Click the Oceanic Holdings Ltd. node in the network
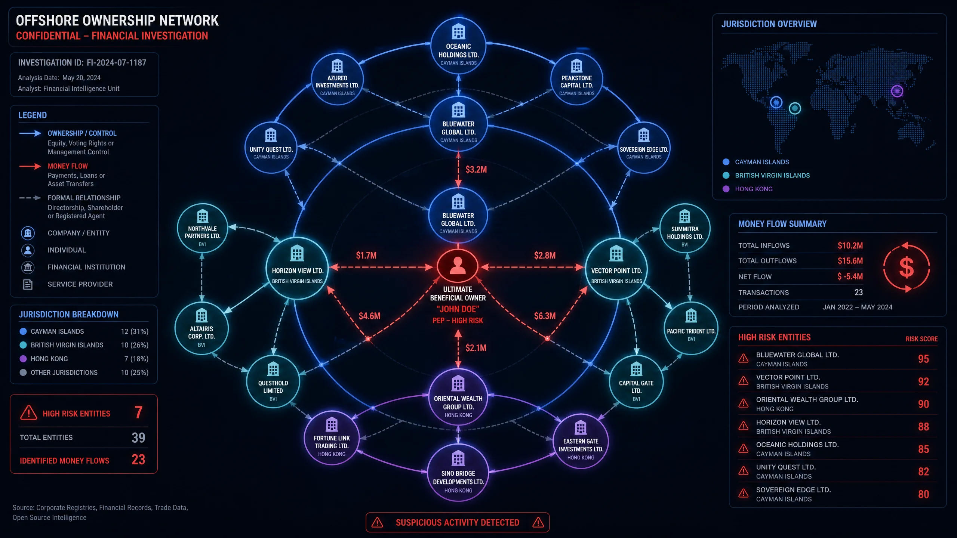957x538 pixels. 458,45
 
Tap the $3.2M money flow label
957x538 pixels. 476,170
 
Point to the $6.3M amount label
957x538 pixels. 545,316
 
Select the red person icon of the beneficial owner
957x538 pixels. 458,266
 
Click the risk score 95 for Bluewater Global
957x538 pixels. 923,359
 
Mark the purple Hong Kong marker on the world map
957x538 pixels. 897,91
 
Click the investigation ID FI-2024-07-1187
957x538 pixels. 116,63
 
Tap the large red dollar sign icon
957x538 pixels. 907,268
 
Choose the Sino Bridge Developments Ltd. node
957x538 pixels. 458,472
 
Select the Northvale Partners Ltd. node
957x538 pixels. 202,228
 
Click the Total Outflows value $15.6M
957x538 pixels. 850,261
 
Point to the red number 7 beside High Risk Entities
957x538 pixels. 138,412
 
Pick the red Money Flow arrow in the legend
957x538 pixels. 30,166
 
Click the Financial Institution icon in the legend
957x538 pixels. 28,267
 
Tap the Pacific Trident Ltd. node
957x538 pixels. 691,328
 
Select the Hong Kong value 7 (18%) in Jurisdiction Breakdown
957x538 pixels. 136,359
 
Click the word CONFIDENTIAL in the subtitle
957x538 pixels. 48,36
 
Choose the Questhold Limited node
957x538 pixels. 273,381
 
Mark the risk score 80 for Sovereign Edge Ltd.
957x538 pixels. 923,494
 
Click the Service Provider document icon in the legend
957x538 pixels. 28,284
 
